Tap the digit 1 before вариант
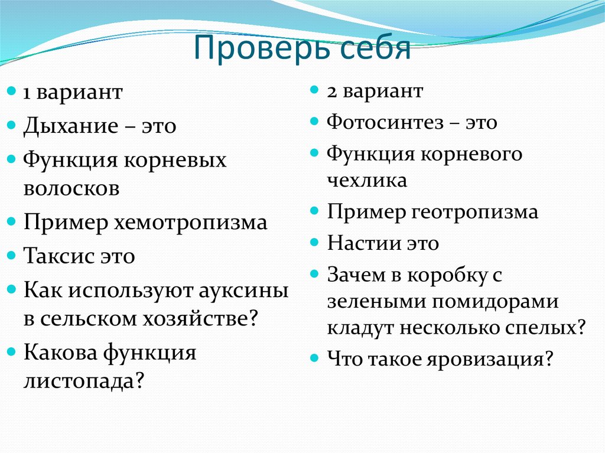click(x=27, y=93)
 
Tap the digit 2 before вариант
click(x=331, y=92)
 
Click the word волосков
click(x=71, y=188)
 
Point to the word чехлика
click(x=367, y=180)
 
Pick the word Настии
click(x=362, y=243)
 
